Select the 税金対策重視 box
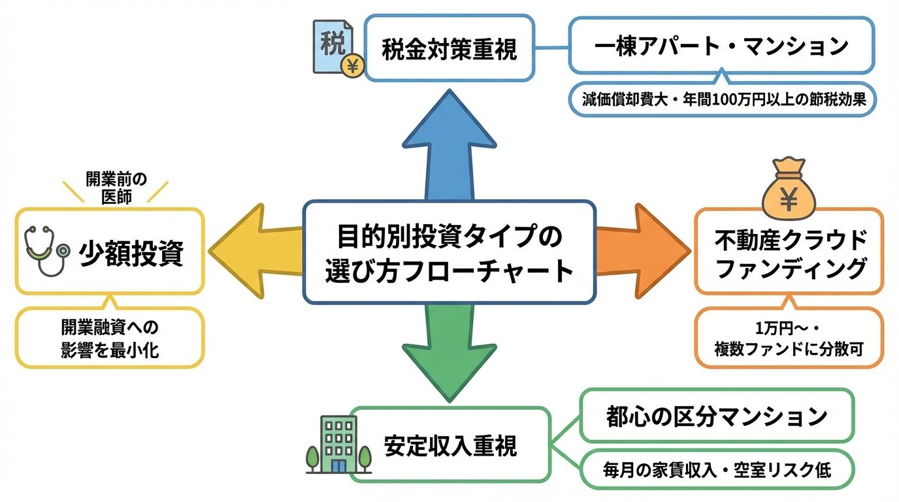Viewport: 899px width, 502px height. pos(449,49)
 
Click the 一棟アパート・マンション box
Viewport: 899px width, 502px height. pos(721,46)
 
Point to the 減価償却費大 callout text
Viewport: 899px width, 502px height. pos(721,99)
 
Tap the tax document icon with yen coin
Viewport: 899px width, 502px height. pos(337,49)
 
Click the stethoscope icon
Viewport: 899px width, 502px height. pos(46,252)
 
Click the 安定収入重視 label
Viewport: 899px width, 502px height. pos(450,445)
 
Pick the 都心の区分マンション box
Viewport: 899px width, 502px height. pos(717,416)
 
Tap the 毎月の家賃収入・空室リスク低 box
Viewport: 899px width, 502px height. pos(717,469)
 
